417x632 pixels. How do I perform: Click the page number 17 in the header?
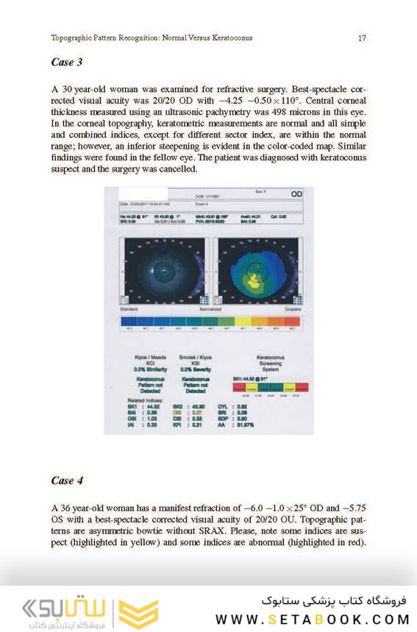(x=362, y=38)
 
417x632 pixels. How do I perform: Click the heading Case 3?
(x=67, y=63)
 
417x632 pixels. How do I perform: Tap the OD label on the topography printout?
(x=296, y=193)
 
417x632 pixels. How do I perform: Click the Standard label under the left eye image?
(x=129, y=310)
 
